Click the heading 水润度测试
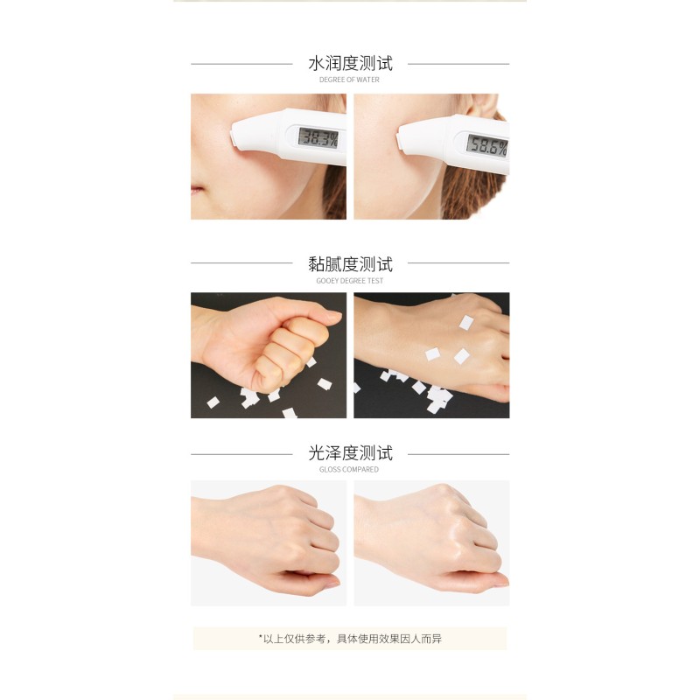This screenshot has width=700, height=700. (x=350, y=64)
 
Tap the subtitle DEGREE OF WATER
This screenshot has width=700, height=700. (x=350, y=80)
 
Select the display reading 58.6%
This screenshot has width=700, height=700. (x=486, y=144)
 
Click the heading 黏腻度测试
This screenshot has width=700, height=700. (x=350, y=263)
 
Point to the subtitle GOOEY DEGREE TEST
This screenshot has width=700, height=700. (x=350, y=281)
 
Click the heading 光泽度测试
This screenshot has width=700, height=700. (x=350, y=453)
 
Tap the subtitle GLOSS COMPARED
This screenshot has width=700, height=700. (x=350, y=470)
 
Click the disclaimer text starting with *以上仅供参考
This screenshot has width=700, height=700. (x=350, y=639)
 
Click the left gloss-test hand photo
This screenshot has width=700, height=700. (x=269, y=542)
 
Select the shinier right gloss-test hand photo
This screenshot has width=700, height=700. (x=431, y=542)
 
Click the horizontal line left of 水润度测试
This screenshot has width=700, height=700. (x=241, y=64)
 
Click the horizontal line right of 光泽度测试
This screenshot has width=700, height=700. (x=458, y=454)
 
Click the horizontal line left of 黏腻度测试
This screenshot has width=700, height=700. (x=241, y=263)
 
